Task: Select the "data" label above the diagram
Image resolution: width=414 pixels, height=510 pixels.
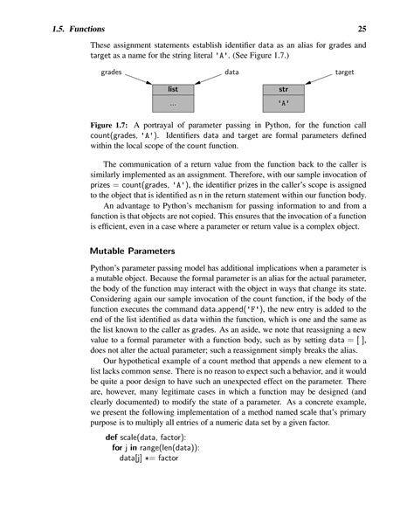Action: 233,73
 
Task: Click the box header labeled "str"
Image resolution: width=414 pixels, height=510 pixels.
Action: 284,89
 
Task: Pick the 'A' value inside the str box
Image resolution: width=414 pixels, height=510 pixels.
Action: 284,103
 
